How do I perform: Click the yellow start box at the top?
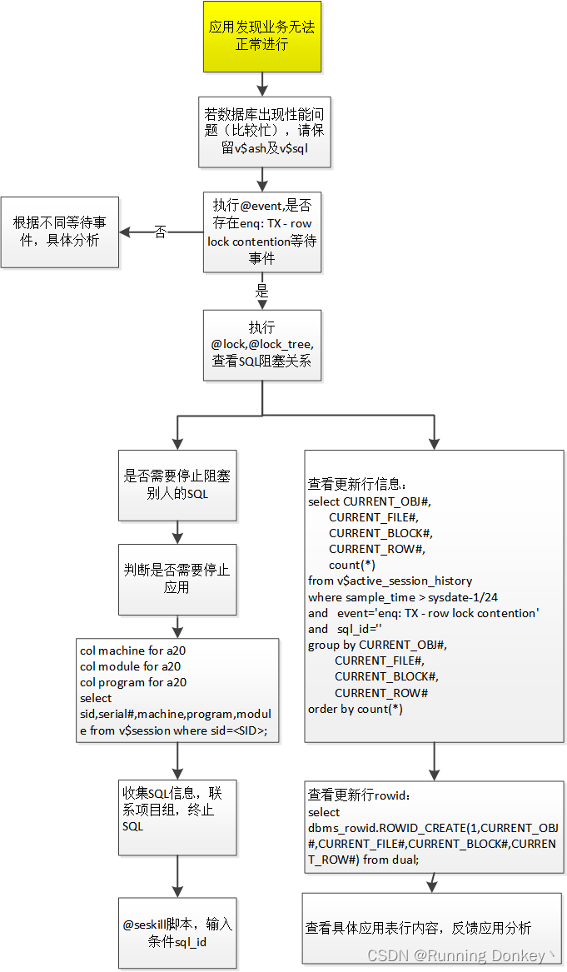[261, 36]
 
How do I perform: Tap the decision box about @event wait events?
[261, 232]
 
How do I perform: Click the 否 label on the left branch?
[161, 232]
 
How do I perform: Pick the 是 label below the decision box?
[261, 292]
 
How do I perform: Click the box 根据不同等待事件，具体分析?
[59, 232]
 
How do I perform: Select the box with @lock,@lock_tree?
[261, 346]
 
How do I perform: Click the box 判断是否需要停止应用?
[177, 579]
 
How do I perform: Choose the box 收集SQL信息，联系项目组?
[177, 817]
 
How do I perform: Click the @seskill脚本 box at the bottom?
[177, 933]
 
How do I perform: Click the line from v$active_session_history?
[390, 581]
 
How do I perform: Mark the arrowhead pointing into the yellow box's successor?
[261, 89]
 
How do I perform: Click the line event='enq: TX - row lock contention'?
[424, 613]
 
